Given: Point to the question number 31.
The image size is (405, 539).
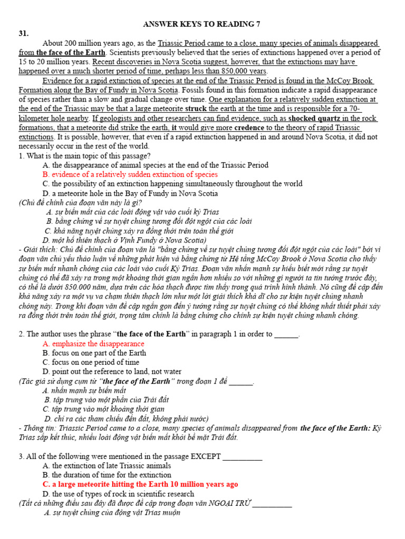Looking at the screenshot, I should pyautogui.click(x=25, y=33).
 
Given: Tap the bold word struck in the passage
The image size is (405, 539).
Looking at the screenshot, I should pyautogui.click(x=196, y=109).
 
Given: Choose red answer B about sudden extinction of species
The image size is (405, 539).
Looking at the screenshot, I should pyautogui.click(x=130, y=174).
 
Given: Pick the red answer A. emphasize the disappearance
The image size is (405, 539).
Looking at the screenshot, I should pyautogui.click(x=93, y=344).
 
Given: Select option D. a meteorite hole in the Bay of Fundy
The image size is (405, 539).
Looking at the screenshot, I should pyautogui.click(x=130, y=193).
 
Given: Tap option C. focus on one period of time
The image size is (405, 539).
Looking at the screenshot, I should pyautogui.click(x=91, y=363).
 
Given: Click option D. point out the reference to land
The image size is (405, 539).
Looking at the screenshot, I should pyautogui.click(x=117, y=372).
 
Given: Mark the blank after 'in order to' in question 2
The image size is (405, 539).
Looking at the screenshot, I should pyautogui.click(x=286, y=334).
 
